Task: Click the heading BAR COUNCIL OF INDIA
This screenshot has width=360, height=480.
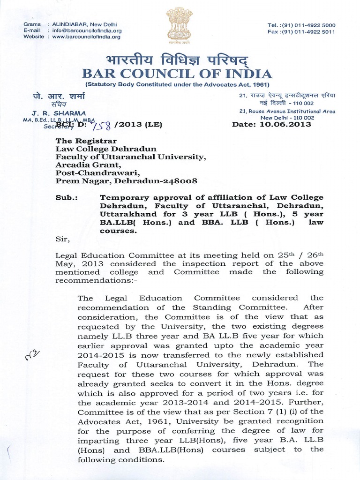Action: (x=177, y=74)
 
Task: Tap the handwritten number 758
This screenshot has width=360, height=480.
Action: (x=103, y=125)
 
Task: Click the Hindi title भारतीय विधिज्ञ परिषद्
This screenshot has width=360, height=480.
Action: (x=177, y=60)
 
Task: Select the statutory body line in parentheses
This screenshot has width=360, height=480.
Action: (x=177, y=84)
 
